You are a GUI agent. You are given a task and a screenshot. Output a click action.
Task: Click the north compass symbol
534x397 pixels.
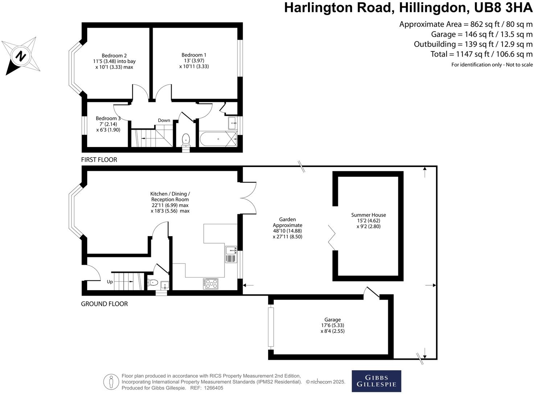click(21, 56)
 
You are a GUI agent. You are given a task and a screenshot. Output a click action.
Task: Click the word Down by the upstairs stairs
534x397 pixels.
click(164, 120)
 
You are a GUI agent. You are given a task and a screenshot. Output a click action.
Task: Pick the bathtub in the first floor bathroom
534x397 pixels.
click(217, 139)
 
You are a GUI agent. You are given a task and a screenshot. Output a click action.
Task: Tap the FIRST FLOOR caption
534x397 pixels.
click(99, 160)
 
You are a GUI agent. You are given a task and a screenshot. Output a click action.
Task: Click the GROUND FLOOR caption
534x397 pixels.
click(104, 304)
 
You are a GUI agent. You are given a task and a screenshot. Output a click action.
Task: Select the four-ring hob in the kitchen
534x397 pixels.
click(211, 284)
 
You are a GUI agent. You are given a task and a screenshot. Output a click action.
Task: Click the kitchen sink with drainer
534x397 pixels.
click(231, 254)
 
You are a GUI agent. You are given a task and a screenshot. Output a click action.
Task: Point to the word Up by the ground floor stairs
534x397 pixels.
click(110, 282)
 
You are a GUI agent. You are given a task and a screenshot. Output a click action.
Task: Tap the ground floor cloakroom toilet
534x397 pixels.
click(153, 283)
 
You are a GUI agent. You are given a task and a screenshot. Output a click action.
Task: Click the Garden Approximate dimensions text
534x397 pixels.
click(287, 228)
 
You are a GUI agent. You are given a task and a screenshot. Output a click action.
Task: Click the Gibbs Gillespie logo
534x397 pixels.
click(376, 381)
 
